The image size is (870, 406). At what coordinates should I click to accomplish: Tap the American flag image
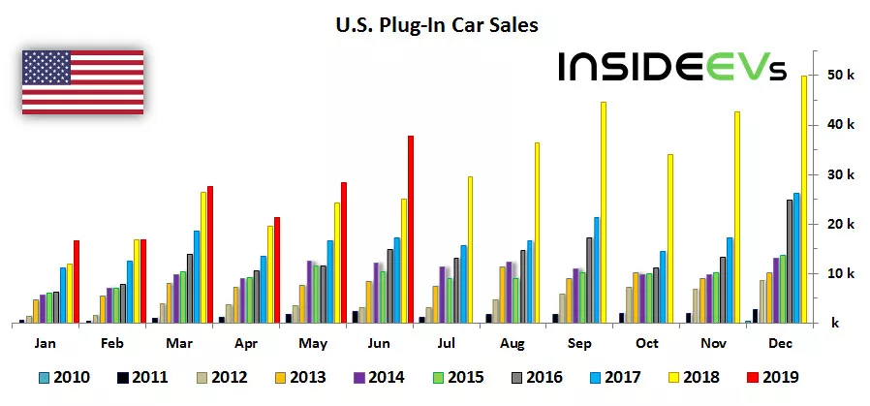click(x=82, y=81)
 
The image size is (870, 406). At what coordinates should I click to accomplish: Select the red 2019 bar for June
click(x=411, y=229)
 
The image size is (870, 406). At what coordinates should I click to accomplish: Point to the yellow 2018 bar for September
click(x=603, y=212)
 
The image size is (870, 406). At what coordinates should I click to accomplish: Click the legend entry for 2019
click(x=770, y=378)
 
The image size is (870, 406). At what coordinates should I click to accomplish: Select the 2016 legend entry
click(x=537, y=378)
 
